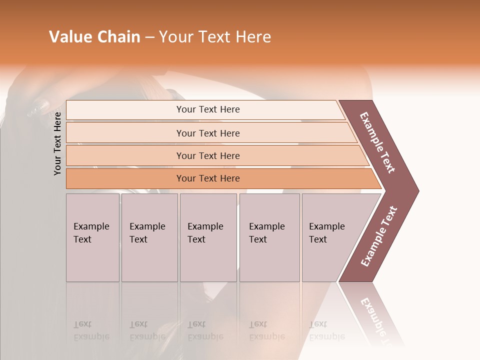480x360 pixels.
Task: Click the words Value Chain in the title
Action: point(94,37)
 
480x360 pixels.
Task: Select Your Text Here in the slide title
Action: point(215,37)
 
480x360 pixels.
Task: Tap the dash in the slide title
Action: point(149,37)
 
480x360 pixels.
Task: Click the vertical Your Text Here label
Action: point(57,143)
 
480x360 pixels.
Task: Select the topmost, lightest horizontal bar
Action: point(208,109)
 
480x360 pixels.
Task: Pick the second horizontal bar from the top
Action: point(208,133)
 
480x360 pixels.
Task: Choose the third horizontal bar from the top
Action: point(208,155)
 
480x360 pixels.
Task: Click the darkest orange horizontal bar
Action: point(208,178)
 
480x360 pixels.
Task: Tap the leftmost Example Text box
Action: point(92,233)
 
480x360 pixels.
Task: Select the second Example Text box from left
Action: point(148,233)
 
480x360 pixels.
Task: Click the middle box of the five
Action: point(207,233)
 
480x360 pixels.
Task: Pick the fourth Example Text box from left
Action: point(269,233)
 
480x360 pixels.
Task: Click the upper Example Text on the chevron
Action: point(378,143)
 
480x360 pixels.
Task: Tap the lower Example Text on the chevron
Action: point(379,236)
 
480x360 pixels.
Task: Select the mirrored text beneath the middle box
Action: point(205,330)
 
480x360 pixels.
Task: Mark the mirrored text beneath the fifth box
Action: point(327,330)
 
